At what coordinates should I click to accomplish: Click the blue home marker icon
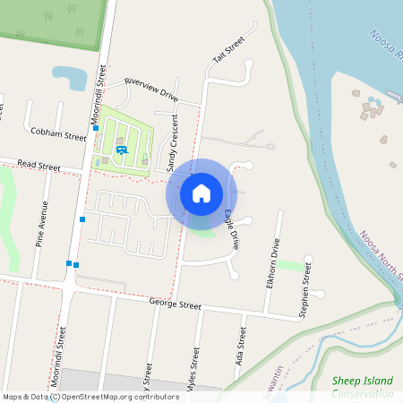point(201,193)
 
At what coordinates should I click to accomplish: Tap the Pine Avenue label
point(42,223)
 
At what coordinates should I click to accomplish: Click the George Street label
point(176,305)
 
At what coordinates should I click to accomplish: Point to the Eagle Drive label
point(232,227)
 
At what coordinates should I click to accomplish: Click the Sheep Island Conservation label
point(362,387)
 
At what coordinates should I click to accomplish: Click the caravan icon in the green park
point(121,150)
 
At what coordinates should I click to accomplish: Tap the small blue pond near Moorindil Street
point(68,77)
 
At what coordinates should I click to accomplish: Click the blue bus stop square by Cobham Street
point(96,128)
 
